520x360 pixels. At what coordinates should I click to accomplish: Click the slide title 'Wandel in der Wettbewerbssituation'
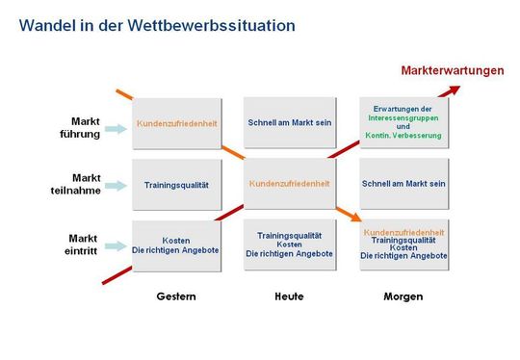pos(157,26)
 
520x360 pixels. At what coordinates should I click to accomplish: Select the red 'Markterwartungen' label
pos(453,70)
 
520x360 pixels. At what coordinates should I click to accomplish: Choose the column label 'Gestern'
pos(176,296)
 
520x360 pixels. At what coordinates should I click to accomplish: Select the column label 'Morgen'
pos(403,296)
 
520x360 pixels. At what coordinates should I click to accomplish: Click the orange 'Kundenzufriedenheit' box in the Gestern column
pos(176,123)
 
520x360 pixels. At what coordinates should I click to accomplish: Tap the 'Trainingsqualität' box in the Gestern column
pos(176,184)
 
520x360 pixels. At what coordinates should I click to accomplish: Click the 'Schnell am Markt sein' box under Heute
pos(289,123)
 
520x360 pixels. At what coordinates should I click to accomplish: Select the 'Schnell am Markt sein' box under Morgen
pos(403,183)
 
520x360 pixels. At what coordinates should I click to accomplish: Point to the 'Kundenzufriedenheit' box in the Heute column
pos(289,183)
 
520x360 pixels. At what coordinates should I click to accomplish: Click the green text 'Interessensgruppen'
pos(403,117)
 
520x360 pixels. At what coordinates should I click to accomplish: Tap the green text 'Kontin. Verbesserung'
pos(403,136)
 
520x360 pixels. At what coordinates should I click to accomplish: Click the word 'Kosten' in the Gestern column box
pos(176,240)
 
